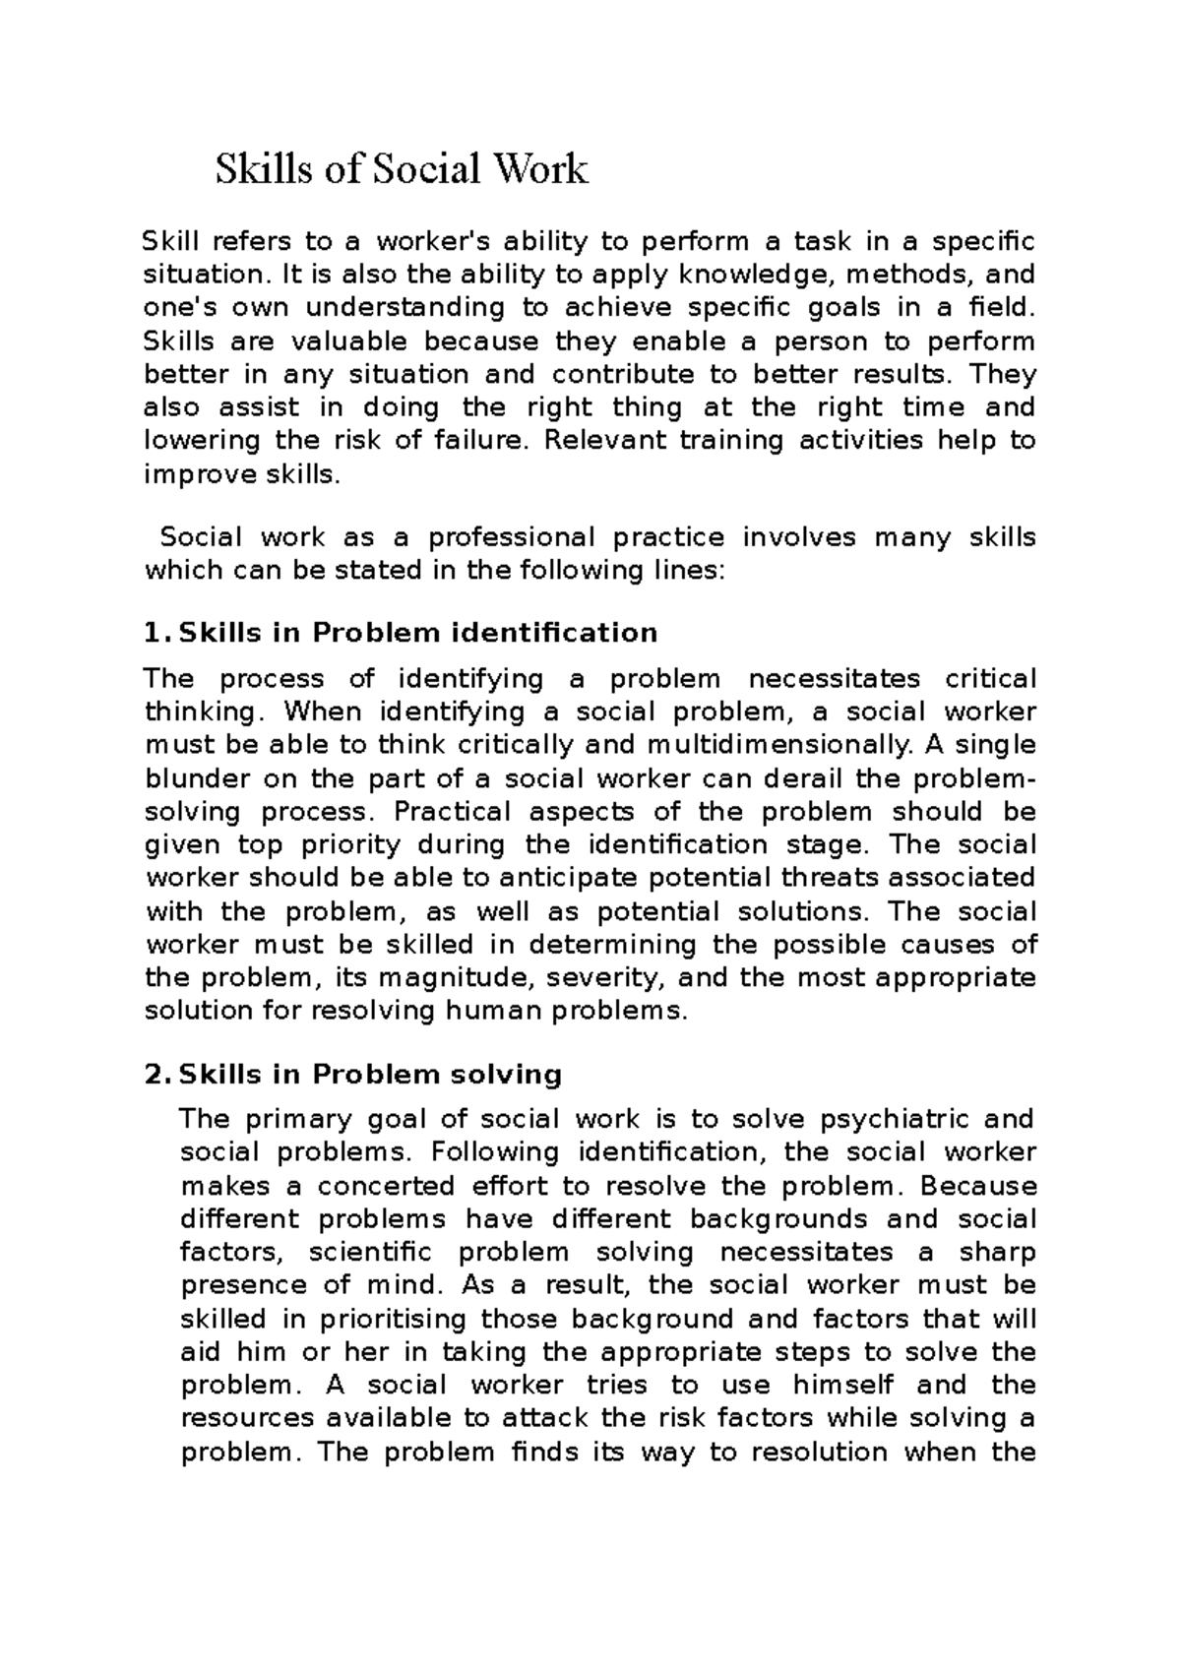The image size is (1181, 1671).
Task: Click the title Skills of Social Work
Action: [x=402, y=169]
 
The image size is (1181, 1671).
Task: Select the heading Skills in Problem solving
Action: [x=369, y=1074]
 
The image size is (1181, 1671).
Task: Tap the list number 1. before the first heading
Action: [x=157, y=632]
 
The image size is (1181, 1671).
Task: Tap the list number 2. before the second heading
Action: [x=157, y=1074]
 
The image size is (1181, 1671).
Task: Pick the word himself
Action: [x=843, y=1385]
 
